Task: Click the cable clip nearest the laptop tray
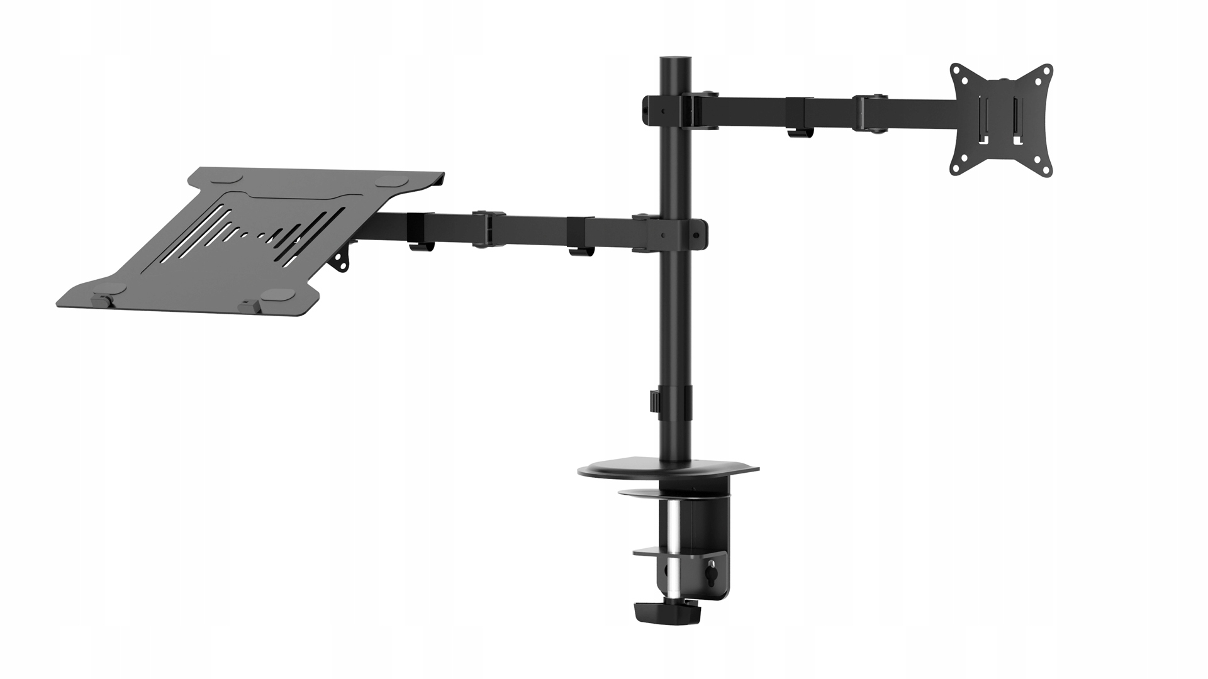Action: point(419,245)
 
